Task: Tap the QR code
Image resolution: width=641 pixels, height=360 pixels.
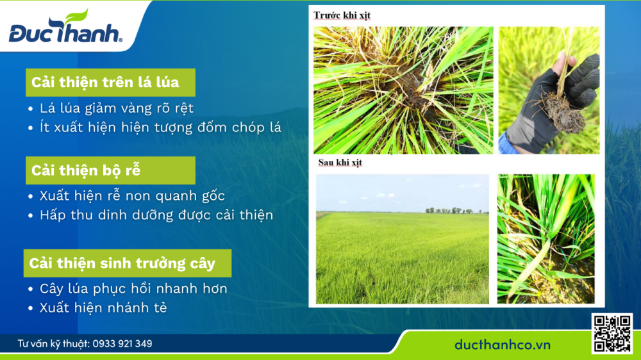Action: (612, 333)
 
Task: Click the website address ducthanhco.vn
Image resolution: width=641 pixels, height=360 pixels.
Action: (503, 345)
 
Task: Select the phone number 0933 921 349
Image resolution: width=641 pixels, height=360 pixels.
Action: (122, 344)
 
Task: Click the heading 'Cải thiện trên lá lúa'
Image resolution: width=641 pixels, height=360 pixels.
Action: (105, 83)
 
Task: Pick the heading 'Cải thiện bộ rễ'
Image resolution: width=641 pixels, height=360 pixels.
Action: (86, 171)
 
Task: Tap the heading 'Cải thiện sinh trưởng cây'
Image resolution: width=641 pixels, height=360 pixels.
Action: (122, 263)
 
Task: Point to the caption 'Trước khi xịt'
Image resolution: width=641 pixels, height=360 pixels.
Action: (342, 15)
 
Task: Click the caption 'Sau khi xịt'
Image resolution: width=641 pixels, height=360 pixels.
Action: (340, 163)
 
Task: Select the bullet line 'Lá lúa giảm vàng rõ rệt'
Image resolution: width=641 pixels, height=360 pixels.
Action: (116, 108)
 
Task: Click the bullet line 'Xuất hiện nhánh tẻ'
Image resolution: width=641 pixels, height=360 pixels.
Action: (103, 307)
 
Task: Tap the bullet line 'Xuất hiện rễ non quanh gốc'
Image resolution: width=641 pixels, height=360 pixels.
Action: (132, 196)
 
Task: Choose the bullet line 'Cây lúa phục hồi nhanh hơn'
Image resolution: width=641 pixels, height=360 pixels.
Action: (133, 289)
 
